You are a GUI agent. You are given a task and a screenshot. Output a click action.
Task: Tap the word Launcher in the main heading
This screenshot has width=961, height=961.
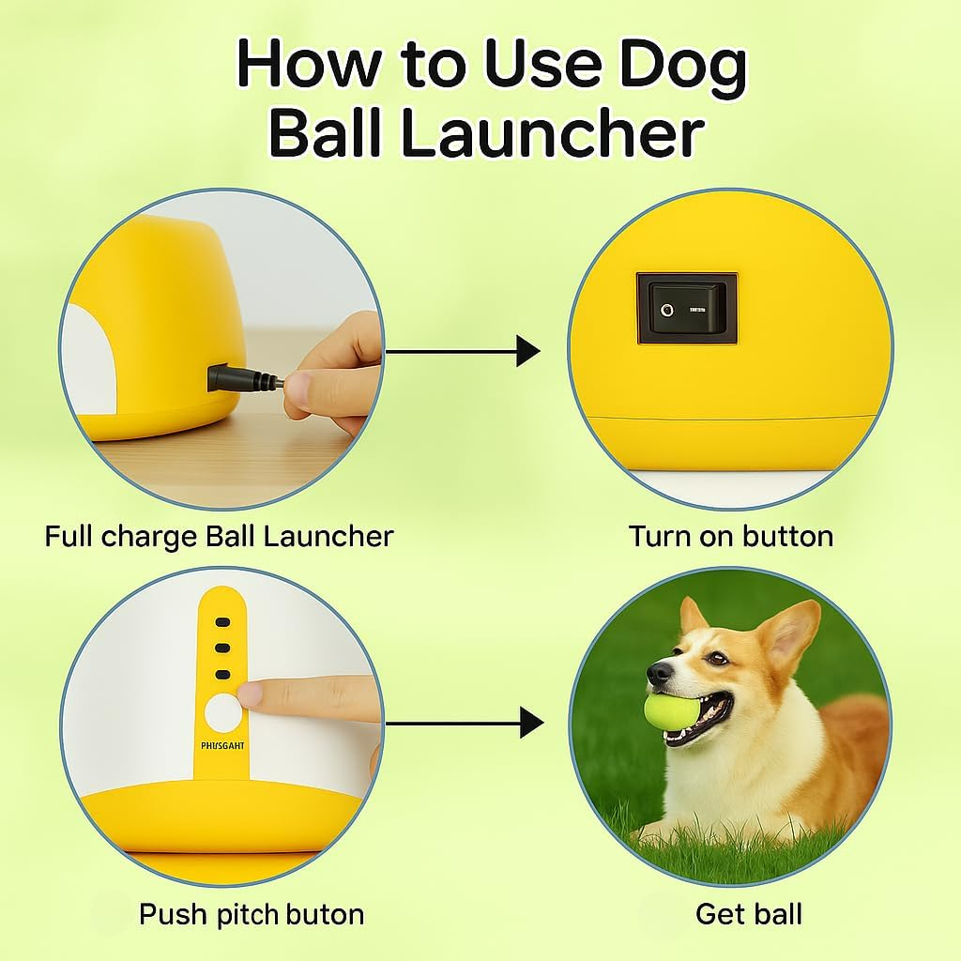pos(552,134)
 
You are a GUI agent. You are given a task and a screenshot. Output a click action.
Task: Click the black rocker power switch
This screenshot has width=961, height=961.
pos(687,307)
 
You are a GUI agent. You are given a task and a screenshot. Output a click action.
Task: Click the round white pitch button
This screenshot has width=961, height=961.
pos(222,712)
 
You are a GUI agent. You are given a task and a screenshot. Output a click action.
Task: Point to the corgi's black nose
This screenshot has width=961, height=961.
pos(659,672)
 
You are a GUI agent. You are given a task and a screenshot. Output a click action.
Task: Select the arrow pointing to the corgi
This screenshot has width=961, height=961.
pos(465,723)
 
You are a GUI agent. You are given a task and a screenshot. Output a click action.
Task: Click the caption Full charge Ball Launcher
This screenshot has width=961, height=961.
pos(219,537)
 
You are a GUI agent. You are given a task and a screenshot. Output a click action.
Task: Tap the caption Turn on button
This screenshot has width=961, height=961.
pos(730,537)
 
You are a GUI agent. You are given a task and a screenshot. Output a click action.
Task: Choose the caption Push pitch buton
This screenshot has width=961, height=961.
pos(252,914)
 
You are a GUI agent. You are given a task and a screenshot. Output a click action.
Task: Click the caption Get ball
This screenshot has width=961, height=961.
pos(748,914)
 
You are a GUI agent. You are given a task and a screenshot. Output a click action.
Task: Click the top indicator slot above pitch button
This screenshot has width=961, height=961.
pos(222,622)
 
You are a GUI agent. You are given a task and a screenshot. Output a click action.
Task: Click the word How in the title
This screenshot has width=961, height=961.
pos(309,66)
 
